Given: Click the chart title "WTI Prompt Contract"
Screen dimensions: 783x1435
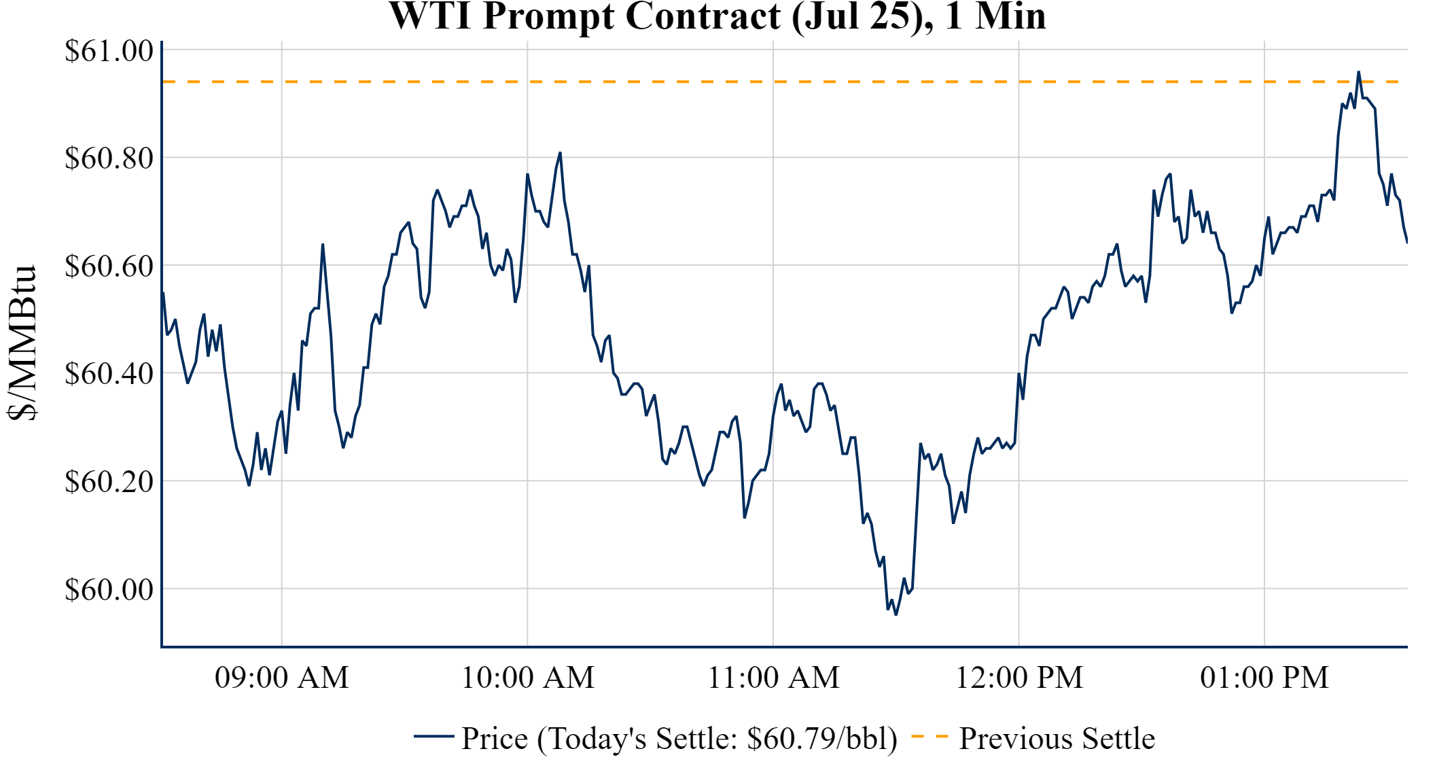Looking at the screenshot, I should click(x=717, y=16).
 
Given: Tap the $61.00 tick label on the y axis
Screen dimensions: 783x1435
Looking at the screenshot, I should click(x=109, y=50).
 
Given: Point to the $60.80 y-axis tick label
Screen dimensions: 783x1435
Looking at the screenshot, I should click(x=109, y=158).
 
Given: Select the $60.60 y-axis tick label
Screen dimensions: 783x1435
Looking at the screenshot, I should click(x=109, y=266).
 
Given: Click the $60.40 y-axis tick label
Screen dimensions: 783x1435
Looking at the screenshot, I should click(x=109, y=373).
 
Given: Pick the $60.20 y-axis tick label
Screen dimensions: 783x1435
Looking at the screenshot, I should click(x=109, y=481).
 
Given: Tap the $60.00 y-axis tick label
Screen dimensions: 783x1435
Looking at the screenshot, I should click(x=109, y=589).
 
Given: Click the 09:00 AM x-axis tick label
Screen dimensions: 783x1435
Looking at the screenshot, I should click(x=282, y=678).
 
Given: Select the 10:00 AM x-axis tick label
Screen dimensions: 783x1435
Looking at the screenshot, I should click(x=528, y=678).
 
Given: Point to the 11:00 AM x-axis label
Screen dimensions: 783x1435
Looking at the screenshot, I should click(x=774, y=678).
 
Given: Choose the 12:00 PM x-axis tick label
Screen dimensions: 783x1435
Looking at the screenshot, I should click(x=1019, y=678).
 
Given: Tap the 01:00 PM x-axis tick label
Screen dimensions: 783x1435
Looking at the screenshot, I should click(x=1264, y=678).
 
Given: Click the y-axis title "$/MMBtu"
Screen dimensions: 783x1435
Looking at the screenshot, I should click(x=22, y=343).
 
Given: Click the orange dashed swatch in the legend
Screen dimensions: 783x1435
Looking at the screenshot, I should click(x=929, y=737).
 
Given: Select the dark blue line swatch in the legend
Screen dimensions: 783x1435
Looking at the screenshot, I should click(x=433, y=737).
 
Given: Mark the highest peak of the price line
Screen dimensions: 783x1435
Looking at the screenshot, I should click(x=1358, y=72).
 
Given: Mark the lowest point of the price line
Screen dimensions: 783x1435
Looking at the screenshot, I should click(x=896, y=614).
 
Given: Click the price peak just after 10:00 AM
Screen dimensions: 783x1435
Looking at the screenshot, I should click(x=560, y=153).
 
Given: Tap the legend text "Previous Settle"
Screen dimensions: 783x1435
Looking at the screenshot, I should click(x=1057, y=738).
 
